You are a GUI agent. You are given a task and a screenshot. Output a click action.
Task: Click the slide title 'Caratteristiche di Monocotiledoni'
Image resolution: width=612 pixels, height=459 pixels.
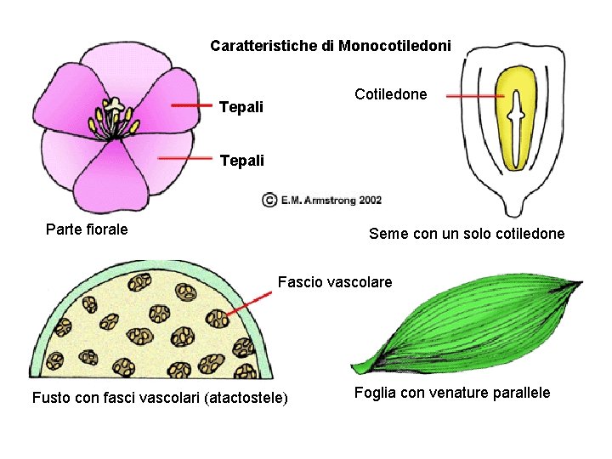[331, 45]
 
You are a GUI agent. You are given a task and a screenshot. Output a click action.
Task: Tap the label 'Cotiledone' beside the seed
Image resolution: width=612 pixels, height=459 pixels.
[391, 94]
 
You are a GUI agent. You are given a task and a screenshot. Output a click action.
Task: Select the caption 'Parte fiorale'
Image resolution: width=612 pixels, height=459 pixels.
[87, 229]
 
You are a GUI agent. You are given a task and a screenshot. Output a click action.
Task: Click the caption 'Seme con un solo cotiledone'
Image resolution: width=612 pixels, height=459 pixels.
[466, 233]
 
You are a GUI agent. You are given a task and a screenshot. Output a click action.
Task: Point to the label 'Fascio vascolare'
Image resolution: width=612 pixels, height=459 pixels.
[335, 281]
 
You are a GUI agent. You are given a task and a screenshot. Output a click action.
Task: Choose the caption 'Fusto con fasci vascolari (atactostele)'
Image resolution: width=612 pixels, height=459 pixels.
[160, 397]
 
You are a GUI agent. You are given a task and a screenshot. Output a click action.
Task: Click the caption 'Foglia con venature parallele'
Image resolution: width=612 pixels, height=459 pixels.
[451, 392]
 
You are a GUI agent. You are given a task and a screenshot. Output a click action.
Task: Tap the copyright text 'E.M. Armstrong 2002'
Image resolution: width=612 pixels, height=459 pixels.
[331, 201]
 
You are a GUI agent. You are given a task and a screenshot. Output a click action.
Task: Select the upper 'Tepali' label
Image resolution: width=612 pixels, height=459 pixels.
[241, 108]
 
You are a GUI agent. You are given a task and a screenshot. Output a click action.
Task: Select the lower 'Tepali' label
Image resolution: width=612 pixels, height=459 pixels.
[241, 160]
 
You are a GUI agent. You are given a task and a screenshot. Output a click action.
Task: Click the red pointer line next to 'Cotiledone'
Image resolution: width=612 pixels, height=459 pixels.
[475, 96]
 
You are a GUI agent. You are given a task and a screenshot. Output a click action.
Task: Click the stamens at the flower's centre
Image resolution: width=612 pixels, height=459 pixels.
[114, 118]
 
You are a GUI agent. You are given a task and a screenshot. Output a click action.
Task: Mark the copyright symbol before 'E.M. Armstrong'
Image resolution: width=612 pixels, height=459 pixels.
[269, 201]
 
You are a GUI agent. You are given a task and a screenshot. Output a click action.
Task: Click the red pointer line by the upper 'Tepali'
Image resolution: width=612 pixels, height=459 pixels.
[191, 105]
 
